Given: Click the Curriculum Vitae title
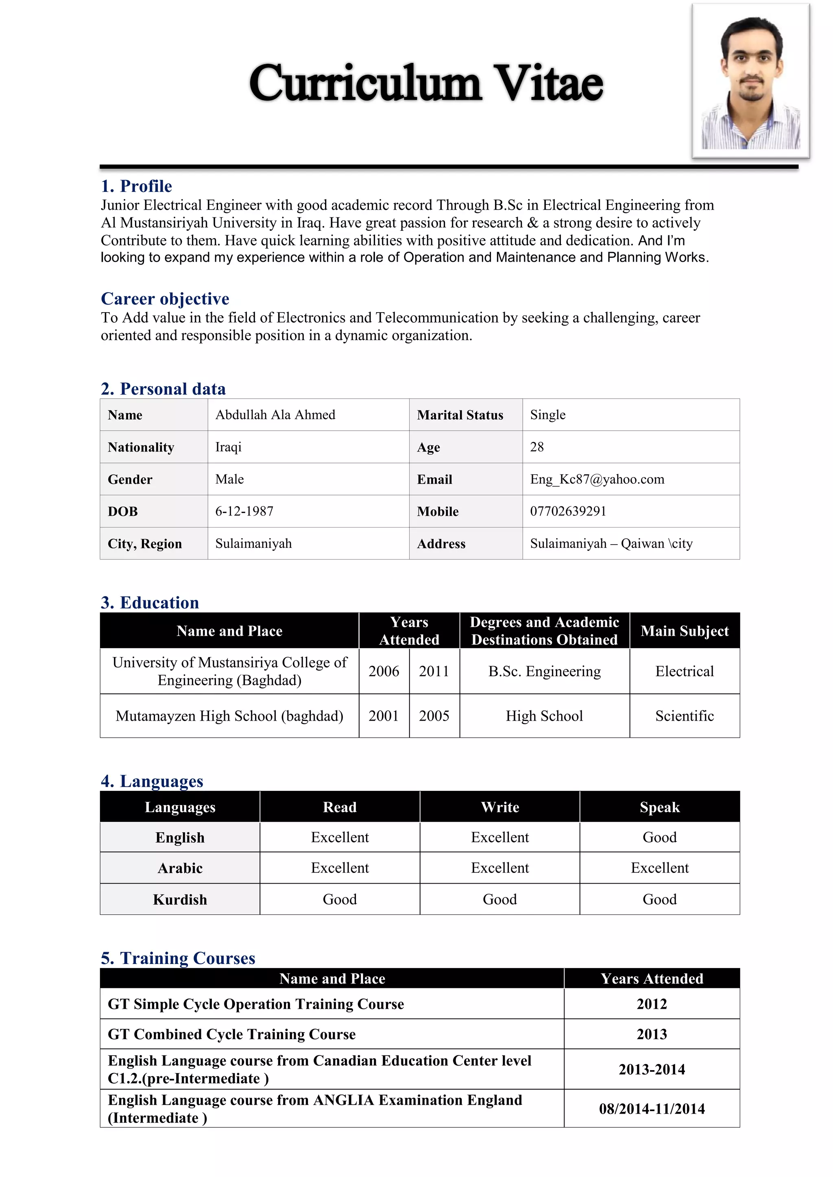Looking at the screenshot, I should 426,83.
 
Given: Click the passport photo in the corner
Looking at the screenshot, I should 750,81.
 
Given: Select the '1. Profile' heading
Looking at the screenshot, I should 136,186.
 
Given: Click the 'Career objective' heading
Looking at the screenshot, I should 165,299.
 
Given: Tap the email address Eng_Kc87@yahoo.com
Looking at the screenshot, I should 597,479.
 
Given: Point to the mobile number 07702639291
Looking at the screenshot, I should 568,511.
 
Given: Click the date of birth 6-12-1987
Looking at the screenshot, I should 244,511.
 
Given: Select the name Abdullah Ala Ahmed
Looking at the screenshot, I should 275,415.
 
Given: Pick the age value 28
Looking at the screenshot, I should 536,447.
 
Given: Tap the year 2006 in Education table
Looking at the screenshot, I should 384,671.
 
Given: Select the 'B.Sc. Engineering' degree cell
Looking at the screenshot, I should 544,671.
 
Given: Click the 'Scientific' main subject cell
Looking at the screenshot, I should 684,716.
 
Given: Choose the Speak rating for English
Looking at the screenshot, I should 660,838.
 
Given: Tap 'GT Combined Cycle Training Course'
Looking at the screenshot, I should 232,1034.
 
